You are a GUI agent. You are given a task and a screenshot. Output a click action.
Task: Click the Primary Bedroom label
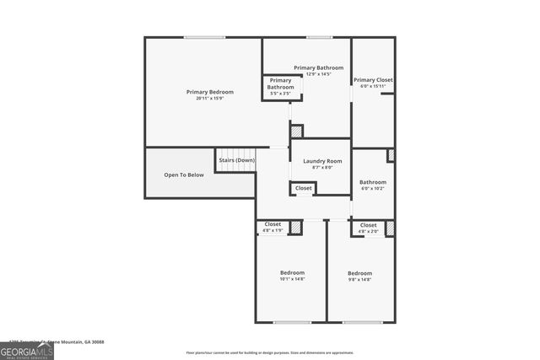[x=210, y=92]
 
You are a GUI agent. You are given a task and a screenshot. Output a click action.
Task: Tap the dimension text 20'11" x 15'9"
[x=210, y=99]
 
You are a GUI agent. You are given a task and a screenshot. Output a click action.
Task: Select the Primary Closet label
[x=372, y=80]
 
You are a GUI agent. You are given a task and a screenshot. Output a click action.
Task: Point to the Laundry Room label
[x=322, y=161]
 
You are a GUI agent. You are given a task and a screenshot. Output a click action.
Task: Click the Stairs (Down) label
[x=237, y=160]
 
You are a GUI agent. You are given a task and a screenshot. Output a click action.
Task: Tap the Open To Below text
[x=184, y=175]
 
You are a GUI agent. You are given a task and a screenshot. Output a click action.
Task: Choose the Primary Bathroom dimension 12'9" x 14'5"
[x=319, y=74]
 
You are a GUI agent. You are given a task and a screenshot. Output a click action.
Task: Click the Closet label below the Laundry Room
[x=304, y=188]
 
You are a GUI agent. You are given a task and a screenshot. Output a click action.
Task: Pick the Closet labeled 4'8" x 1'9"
[x=273, y=227]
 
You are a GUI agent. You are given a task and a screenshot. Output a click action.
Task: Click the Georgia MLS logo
[x=27, y=349]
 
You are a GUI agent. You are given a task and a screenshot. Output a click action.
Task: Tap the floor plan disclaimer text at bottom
[x=269, y=352]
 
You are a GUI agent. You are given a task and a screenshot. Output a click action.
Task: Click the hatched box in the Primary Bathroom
[x=296, y=131]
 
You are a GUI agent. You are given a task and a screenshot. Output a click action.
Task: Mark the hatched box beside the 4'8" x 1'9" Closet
[x=295, y=227]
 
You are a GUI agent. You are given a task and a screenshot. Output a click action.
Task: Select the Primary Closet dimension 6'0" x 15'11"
[x=372, y=86]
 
